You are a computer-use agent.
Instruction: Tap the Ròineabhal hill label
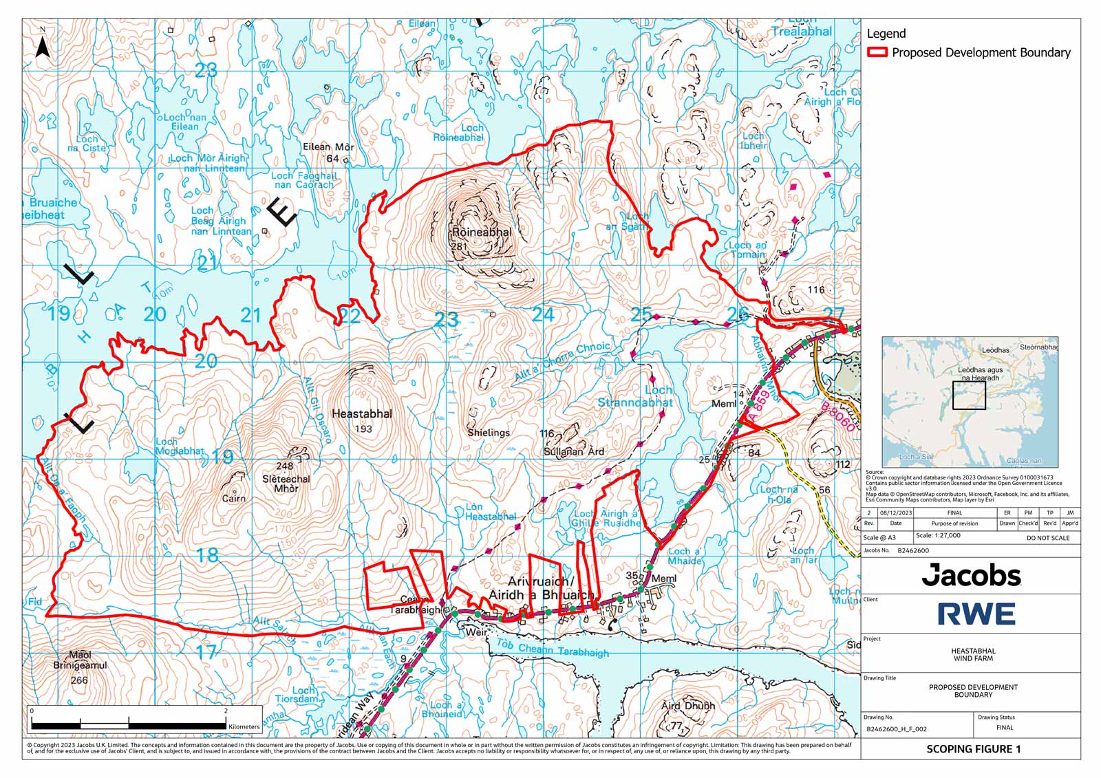click(x=481, y=233)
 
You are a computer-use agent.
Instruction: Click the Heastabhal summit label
click(x=362, y=414)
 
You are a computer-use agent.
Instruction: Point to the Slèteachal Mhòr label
click(x=286, y=483)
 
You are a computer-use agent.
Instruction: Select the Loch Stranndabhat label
click(x=635, y=396)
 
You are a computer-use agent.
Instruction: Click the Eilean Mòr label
click(x=328, y=147)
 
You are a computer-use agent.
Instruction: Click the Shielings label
click(x=489, y=433)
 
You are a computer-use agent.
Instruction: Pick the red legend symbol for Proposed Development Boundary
click(x=877, y=52)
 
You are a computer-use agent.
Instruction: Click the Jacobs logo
click(x=971, y=575)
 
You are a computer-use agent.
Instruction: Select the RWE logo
click(x=976, y=614)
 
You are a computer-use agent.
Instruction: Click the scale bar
click(x=129, y=725)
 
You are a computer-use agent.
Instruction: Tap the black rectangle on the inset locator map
click(x=969, y=396)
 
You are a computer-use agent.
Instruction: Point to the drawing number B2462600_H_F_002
click(x=896, y=728)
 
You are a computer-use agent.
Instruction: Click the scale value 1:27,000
click(x=938, y=535)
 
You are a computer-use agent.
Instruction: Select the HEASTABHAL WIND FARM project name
click(x=973, y=654)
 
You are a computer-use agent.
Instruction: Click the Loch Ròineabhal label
click(x=458, y=133)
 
